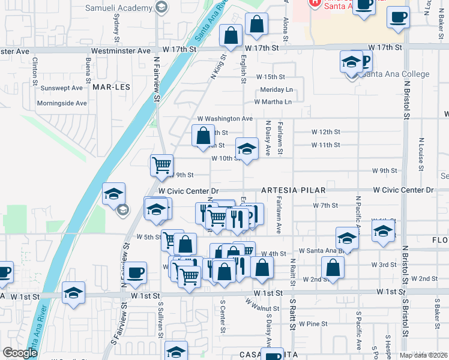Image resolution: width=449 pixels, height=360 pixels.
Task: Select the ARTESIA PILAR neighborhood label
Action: pyautogui.click(x=294, y=190)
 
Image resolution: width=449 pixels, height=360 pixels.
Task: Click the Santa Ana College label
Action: pyautogui.click(x=395, y=74)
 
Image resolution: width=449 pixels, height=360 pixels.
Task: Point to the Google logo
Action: pyautogui.click(x=20, y=353)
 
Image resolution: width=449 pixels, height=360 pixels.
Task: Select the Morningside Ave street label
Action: pyautogui.click(x=62, y=103)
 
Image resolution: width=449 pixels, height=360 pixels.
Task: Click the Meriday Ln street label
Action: pyautogui.click(x=276, y=89)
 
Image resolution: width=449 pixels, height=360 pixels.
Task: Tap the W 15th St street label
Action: pyautogui.click(x=270, y=77)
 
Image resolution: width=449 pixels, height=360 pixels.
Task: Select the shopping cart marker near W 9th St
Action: pyautogui.click(x=161, y=165)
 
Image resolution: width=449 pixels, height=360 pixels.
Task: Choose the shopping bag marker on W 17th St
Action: pyautogui.click(x=231, y=35)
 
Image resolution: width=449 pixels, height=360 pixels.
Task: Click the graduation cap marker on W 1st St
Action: pyautogui.click(x=73, y=292)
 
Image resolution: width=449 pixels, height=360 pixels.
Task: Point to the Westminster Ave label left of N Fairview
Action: pyautogui.click(x=127, y=51)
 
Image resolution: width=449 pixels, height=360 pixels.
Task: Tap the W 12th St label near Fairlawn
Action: pyautogui.click(x=325, y=132)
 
